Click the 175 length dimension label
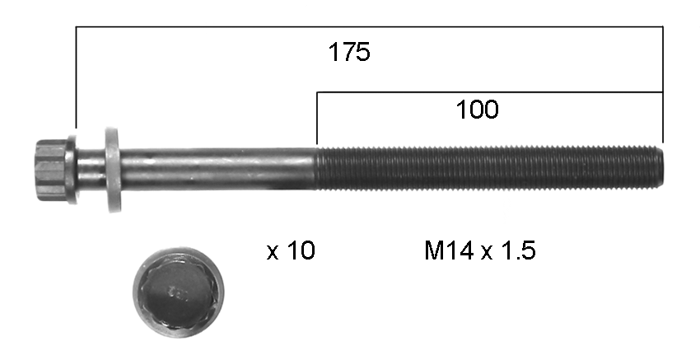[x=349, y=52]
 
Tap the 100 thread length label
[x=477, y=110]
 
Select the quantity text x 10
[x=291, y=250]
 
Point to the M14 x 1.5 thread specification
[x=479, y=250]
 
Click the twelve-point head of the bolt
[x=50, y=170]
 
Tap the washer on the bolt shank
[x=113, y=170]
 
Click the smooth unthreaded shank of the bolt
[x=218, y=169]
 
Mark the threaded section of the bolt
[x=490, y=168]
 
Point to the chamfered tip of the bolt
[x=660, y=167]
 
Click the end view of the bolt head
[x=179, y=292]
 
